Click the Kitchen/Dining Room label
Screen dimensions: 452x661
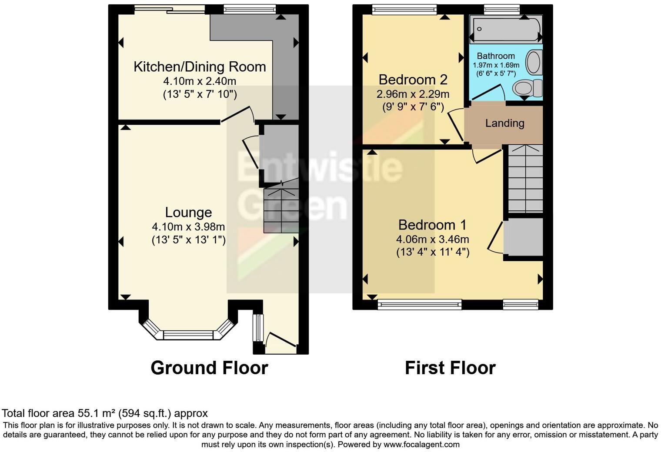click(x=200, y=67)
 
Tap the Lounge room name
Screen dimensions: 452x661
click(x=188, y=213)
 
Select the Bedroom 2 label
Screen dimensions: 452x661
click(x=413, y=80)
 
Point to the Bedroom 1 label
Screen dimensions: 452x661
click(x=432, y=225)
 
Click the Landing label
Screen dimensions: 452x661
click(x=504, y=123)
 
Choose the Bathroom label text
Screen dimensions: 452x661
click(x=495, y=56)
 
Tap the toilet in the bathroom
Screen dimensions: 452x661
click(x=527, y=88)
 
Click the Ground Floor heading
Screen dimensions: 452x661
click(x=209, y=368)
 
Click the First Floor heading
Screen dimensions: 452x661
click(x=450, y=368)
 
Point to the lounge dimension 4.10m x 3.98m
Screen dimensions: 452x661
click(x=188, y=227)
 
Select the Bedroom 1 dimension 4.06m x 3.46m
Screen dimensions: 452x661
click(x=432, y=239)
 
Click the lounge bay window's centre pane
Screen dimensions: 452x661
click(x=188, y=335)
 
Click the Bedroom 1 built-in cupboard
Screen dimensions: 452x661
click(x=524, y=237)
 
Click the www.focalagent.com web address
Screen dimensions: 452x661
click(x=421, y=445)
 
